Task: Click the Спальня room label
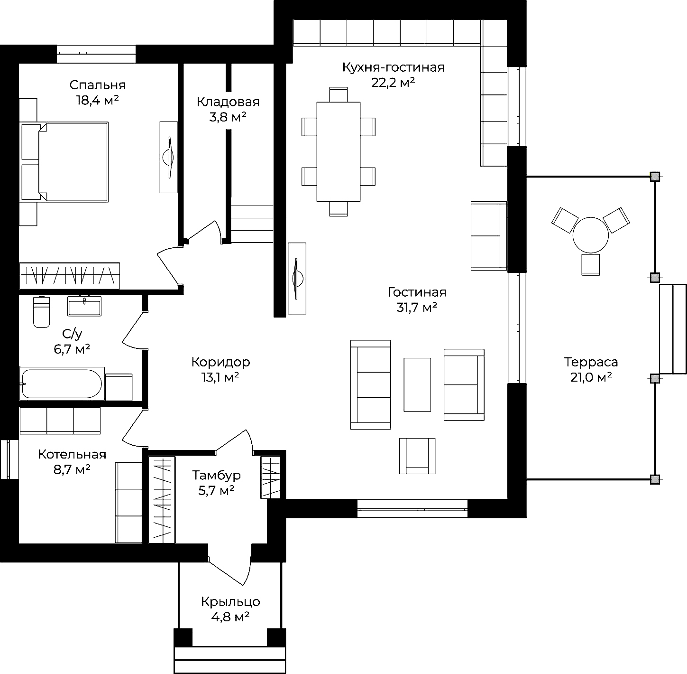(98, 85)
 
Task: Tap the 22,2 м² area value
(393, 83)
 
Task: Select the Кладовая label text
(228, 102)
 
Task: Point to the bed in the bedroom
(64, 162)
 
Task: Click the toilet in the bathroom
(41, 312)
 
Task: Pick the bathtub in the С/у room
(62, 384)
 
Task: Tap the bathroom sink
(84, 306)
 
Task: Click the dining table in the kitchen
(339, 152)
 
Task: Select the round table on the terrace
(591, 235)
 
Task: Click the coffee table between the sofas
(417, 385)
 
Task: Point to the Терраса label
(591, 362)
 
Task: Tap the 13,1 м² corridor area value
(220, 377)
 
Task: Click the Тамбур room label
(216, 476)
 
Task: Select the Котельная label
(73, 454)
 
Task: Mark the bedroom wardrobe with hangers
(70, 276)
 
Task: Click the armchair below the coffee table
(417, 456)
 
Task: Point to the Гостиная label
(417, 292)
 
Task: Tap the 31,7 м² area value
(417, 308)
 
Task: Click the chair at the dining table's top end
(339, 94)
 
